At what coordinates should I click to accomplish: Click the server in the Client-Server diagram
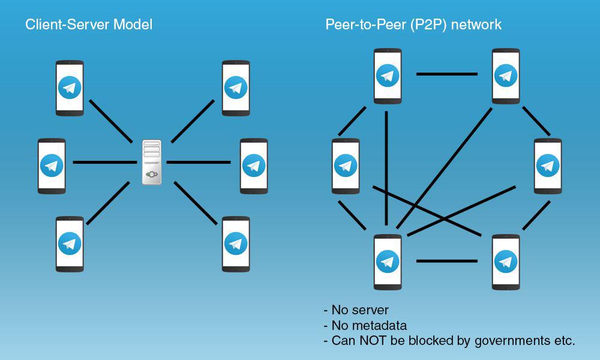pyautogui.click(x=152, y=161)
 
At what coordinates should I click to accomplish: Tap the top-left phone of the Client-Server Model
pyautogui.click(x=70, y=88)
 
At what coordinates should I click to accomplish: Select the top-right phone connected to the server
pyautogui.click(x=236, y=88)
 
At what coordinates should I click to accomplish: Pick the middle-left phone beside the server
pyautogui.click(x=52, y=166)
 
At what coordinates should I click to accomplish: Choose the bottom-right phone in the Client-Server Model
pyautogui.click(x=236, y=244)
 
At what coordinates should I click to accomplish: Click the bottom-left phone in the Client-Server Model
pyautogui.click(x=70, y=244)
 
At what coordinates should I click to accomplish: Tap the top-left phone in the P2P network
pyautogui.click(x=388, y=76)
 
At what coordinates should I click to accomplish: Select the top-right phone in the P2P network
pyautogui.click(x=506, y=76)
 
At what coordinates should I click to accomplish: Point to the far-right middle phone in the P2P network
pyautogui.click(x=547, y=166)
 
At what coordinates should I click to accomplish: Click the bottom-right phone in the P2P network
pyautogui.click(x=506, y=261)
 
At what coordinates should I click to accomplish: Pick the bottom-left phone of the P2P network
pyautogui.click(x=388, y=261)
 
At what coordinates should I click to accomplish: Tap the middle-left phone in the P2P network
pyautogui.click(x=345, y=166)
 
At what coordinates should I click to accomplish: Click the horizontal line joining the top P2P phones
pyautogui.click(x=447, y=74)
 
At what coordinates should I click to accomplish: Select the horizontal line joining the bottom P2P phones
pyautogui.click(x=447, y=261)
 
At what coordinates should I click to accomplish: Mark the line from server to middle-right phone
pyautogui.click(x=198, y=162)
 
